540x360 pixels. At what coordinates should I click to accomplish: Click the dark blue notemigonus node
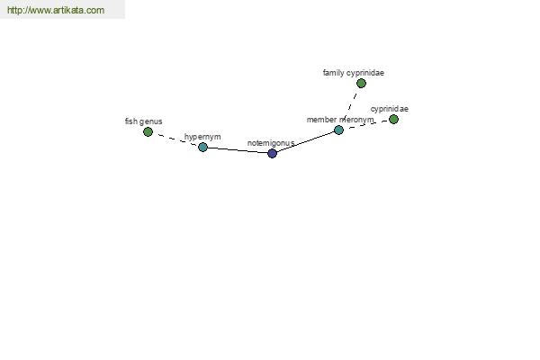point(272,153)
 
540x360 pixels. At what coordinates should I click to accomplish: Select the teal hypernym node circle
point(202,147)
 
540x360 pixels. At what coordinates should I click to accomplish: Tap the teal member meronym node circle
point(339,130)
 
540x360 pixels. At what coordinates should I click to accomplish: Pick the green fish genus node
point(148,131)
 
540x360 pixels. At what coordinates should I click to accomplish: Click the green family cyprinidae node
point(361,83)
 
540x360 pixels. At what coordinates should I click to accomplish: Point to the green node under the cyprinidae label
point(393,119)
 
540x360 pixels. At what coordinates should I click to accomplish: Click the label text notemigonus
point(271,143)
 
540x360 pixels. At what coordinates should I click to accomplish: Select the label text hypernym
point(202,137)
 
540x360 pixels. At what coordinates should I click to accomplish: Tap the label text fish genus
point(143,121)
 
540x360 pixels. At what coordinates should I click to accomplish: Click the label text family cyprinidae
point(354,73)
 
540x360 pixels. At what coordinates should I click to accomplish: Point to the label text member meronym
point(340,120)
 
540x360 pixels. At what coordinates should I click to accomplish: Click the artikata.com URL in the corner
point(56,10)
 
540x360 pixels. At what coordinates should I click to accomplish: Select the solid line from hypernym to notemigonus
point(238,150)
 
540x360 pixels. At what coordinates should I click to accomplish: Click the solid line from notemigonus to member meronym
point(305,141)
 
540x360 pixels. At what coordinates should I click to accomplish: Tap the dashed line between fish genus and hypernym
point(175,139)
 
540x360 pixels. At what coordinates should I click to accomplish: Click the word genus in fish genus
point(151,121)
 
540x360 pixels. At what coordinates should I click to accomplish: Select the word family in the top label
point(333,73)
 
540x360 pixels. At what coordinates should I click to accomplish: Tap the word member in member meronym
point(321,120)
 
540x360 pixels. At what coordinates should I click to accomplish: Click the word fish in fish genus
point(131,121)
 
